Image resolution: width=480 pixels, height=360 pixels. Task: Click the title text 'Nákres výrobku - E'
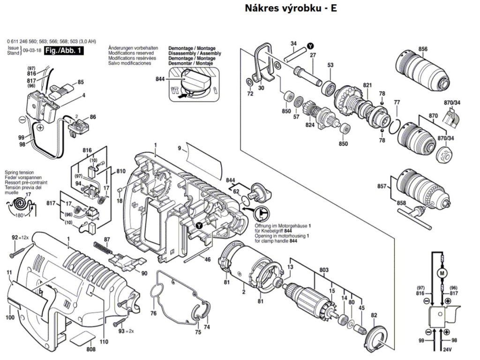tap(291, 8)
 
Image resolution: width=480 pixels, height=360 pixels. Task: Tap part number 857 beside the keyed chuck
tap(382, 187)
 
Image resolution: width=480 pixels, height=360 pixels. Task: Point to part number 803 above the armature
tap(323, 270)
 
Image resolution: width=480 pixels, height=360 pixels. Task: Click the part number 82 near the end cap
tap(374, 315)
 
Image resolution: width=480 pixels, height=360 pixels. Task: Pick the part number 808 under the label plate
tap(90, 349)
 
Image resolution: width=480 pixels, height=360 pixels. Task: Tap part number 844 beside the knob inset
tap(160, 79)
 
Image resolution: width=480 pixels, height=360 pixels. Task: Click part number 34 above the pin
tap(293, 44)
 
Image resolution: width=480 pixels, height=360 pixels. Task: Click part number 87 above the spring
tap(107, 240)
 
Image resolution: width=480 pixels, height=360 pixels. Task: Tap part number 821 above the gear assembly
tap(367, 85)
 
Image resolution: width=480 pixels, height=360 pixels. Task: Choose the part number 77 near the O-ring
tap(397, 102)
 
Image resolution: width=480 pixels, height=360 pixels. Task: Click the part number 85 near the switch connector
tap(81, 82)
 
